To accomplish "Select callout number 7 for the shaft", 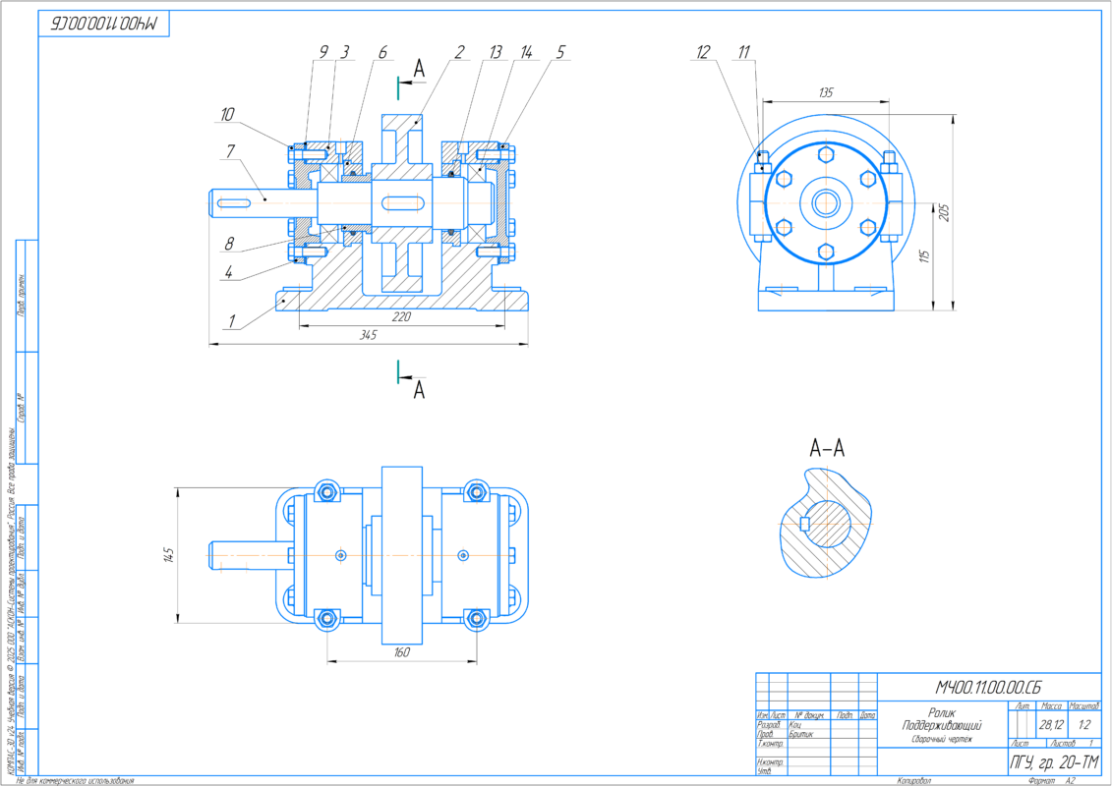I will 230,150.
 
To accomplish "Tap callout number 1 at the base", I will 231,320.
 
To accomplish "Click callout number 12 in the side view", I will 703,54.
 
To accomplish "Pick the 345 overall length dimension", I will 368,335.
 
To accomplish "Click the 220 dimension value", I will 401,316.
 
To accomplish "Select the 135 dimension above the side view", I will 825,92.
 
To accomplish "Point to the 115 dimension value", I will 923,256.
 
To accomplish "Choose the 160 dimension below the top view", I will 401,651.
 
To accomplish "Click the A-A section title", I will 827,449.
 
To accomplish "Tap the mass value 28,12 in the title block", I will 1050,724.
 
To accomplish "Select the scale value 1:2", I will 1084,724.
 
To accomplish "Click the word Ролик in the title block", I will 942,712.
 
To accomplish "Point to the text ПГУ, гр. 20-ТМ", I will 1054,761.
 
